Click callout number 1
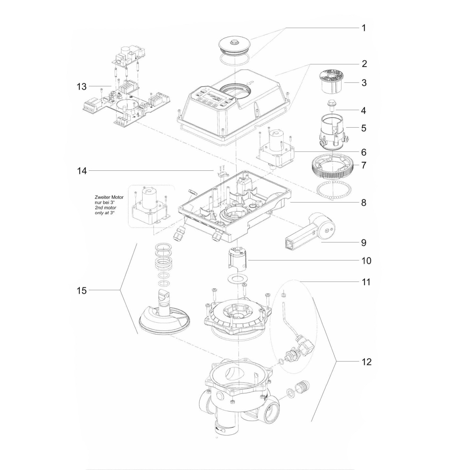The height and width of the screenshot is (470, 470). pyautogui.click(x=363, y=28)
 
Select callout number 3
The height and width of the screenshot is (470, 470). pyautogui.click(x=363, y=83)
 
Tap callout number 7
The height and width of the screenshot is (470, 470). pyautogui.click(x=363, y=165)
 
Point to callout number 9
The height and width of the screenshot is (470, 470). pyautogui.click(x=363, y=242)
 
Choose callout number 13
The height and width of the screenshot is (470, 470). pyautogui.click(x=82, y=86)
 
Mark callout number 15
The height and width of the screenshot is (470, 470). pyautogui.click(x=82, y=290)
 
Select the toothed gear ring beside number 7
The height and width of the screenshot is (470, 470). pyautogui.click(x=332, y=168)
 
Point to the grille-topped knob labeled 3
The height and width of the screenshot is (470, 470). pyautogui.click(x=332, y=81)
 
